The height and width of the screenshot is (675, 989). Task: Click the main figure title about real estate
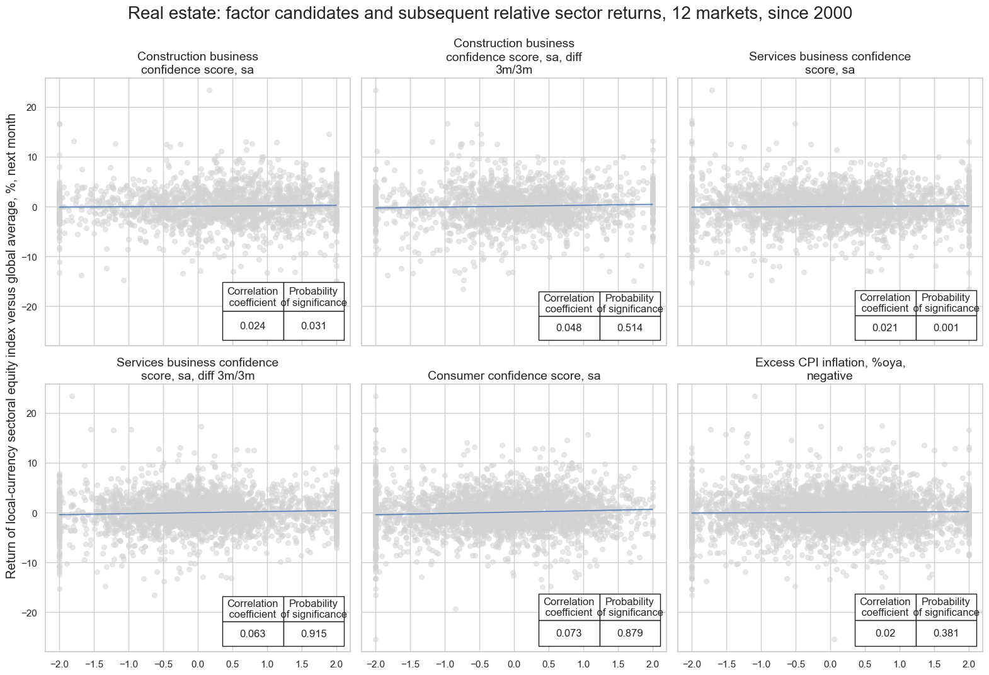[x=494, y=13]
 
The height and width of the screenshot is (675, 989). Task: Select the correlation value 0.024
[x=253, y=326]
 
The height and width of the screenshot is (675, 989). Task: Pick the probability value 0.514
[x=629, y=328]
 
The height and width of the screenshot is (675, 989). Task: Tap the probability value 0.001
[x=946, y=328]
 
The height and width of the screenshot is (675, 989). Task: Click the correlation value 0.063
[x=253, y=634]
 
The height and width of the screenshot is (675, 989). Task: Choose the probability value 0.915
[x=314, y=634]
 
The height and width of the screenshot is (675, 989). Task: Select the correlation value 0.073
[x=569, y=633]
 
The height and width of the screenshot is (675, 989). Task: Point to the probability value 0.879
[x=629, y=633]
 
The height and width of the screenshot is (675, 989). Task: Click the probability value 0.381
[x=946, y=633]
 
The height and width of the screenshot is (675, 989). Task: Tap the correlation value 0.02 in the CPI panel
[x=885, y=633]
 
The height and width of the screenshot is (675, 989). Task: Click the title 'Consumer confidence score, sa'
[x=513, y=376]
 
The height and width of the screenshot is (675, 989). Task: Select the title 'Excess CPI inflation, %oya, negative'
[x=830, y=370]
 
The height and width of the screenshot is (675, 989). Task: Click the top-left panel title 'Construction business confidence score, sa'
[x=197, y=63]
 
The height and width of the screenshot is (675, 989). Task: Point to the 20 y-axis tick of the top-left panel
[x=31, y=108]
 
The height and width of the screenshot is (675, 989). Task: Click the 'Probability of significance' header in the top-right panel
[x=946, y=303]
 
